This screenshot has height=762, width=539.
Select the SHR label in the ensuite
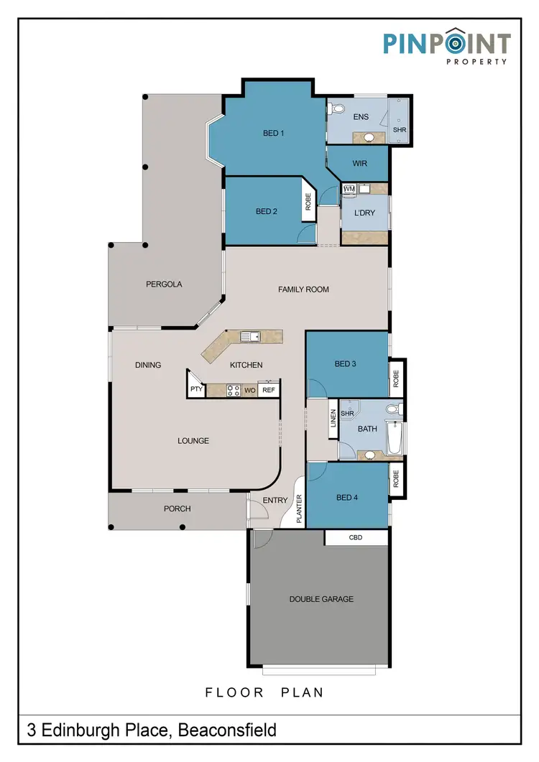(x=400, y=129)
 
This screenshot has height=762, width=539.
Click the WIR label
(x=360, y=164)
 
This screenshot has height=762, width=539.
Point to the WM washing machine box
(x=349, y=189)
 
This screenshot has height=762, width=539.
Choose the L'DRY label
(x=364, y=213)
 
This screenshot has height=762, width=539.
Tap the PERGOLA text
(x=164, y=284)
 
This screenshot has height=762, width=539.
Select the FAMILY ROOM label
(x=303, y=289)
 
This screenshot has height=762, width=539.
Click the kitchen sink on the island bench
(x=250, y=336)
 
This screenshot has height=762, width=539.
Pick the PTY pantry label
(x=196, y=389)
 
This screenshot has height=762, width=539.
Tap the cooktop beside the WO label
(x=234, y=391)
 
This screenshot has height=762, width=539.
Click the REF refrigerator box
(x=269, y=390)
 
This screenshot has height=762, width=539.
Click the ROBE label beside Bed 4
(x=396, y=479)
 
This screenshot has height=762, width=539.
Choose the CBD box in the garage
(x=356, y=536)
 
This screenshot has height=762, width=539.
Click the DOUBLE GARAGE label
(x=321, y=599)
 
